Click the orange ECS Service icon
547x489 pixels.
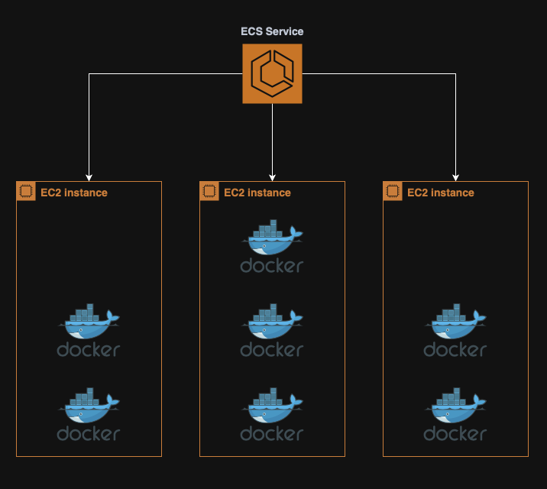[x=272, y=73]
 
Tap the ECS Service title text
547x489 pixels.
[x=272, y=31]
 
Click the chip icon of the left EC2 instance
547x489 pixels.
[x=25, y=191]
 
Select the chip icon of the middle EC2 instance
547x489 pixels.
[x=209, y=191]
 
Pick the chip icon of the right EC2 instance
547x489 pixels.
[x=392, y=191]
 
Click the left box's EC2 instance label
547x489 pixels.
[x=74, y=193]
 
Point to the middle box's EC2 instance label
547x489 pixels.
[x=257, y=193]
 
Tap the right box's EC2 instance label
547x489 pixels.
[x=441, y=193]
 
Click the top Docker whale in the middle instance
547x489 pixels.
[x=272, y=238]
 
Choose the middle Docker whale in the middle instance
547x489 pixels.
[x=272, y=322]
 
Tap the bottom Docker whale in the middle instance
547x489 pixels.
[x=272, y=406]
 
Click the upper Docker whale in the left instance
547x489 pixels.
[x=89, y=322]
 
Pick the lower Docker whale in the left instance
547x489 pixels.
[x=89, y=406]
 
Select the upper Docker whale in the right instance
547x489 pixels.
[x=455, y=322]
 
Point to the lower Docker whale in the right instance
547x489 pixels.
[x=455, y=406]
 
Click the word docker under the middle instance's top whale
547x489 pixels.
[x=272, y=266]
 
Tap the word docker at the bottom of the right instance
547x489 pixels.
[x=455, y=434]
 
